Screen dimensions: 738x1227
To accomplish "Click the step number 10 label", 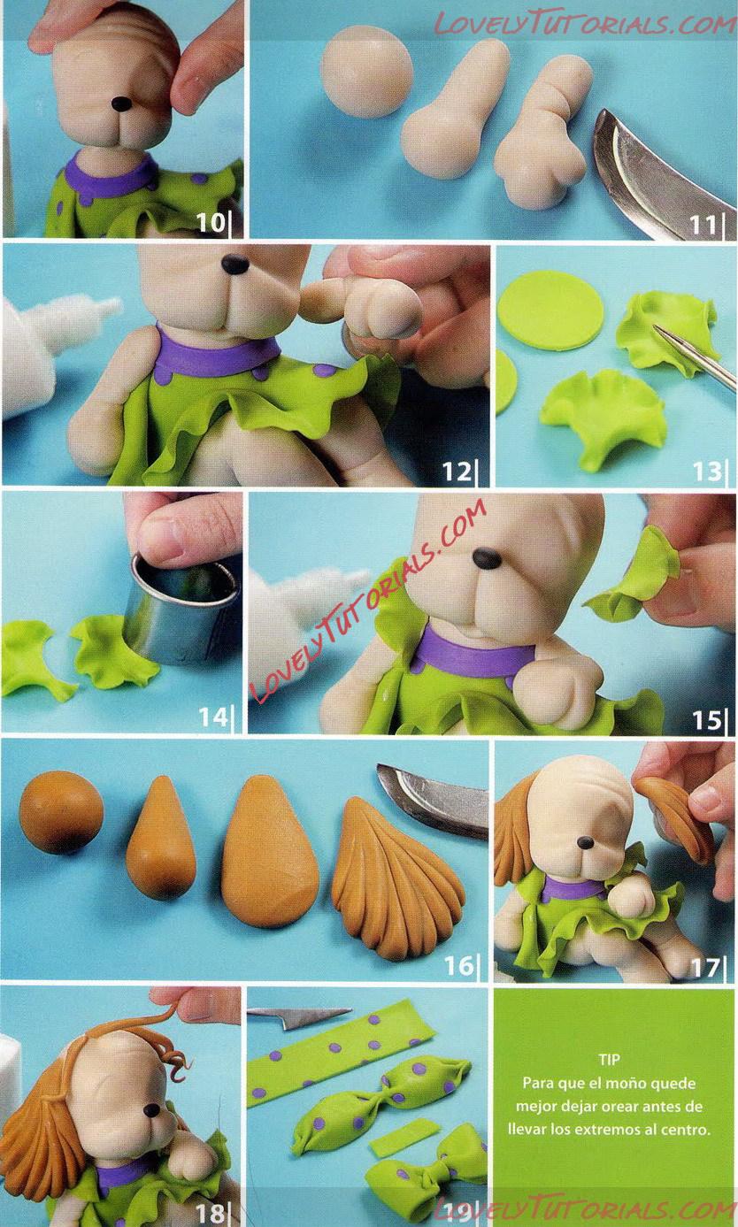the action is [x=211, y=222].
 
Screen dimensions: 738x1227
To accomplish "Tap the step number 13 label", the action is [x=707, y=472].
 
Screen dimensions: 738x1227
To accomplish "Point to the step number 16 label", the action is [x=458, y=966].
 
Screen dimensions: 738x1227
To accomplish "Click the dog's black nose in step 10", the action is [x=121, y=103].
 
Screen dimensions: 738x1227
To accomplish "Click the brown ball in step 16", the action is [x=61, y=812].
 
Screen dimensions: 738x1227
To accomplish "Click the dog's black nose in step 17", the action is [x=585, y=843].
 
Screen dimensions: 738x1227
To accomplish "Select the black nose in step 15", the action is [x=487, y=558].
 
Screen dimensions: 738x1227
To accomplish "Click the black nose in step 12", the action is [x=235, y=265].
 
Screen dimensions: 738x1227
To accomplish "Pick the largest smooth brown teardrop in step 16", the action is [x=270, y=851].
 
